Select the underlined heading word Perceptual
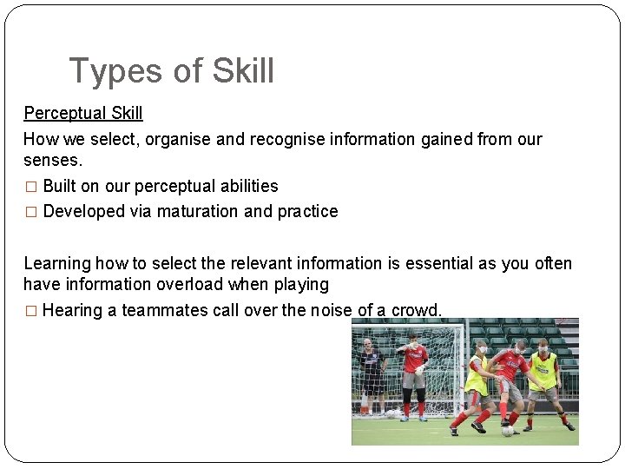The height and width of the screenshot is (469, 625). tap(65, 113)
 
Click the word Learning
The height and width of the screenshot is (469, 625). tap(57, 263)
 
